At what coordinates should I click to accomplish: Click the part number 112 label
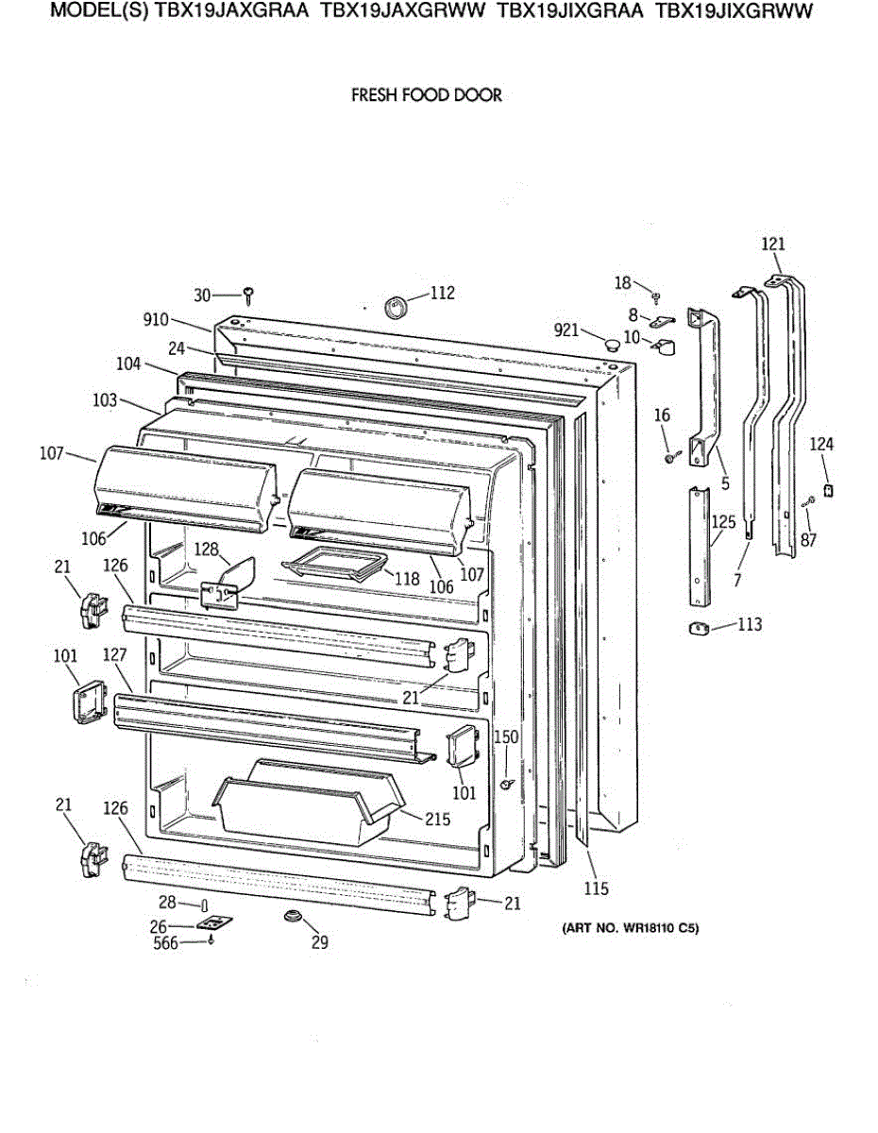[x=442, y=293]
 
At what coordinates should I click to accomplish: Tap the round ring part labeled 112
[x=396, y=306]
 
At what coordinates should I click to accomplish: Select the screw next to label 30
[x=248, y=296]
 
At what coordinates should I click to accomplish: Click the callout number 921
[x=566, y=329]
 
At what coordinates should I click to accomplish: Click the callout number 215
[x=436, y=820]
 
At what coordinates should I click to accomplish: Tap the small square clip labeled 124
[x=829, y=490]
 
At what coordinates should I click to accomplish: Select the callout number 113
[x=750, y=624]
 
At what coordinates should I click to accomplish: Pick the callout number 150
[x=507, y=737]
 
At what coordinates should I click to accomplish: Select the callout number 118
[x=406, y=579]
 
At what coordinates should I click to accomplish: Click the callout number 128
[x=207, y=549]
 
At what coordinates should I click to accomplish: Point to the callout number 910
[x=157, y=320]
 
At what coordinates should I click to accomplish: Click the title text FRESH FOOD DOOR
[x=427, y=95]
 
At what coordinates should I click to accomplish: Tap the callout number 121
[x=773, y=245]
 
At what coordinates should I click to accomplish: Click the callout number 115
[x=596, y=888]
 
